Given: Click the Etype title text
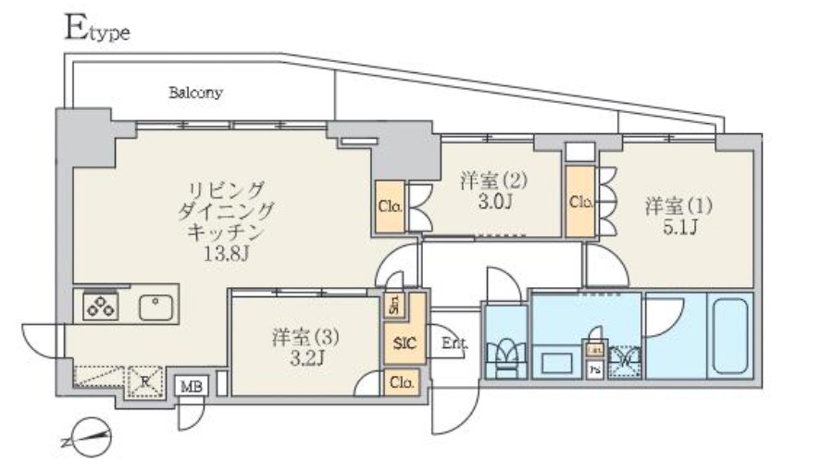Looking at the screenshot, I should click(x=96, y=31).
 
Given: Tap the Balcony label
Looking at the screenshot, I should click(x=195, y=93).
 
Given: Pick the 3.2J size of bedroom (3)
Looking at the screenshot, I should click(x=297, y=355).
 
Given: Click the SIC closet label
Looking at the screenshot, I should click(x=404, y=344).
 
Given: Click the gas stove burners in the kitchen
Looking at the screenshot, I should click(x=100, y=306).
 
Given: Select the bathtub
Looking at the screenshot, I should click(x=731, y=334).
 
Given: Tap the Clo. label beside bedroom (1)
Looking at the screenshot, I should click(x=580, y=201).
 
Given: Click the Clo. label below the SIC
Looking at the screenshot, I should click(x=402, y=381).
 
